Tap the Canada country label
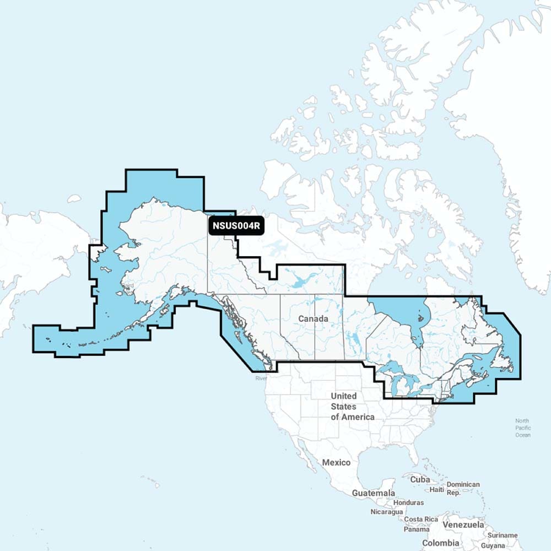[313, 319]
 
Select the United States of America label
[352, 407]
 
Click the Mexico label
[336, 462]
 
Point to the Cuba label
[420, 479]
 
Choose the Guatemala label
[374, 493]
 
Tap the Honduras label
[408, 503]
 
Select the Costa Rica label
[420, 520]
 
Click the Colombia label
[440, 543]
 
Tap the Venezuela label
[466, 525]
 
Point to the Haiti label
[437, 489]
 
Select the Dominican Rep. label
[463, 489]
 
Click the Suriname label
[503, 535]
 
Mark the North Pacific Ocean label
[522, 428]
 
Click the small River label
[261, 379]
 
